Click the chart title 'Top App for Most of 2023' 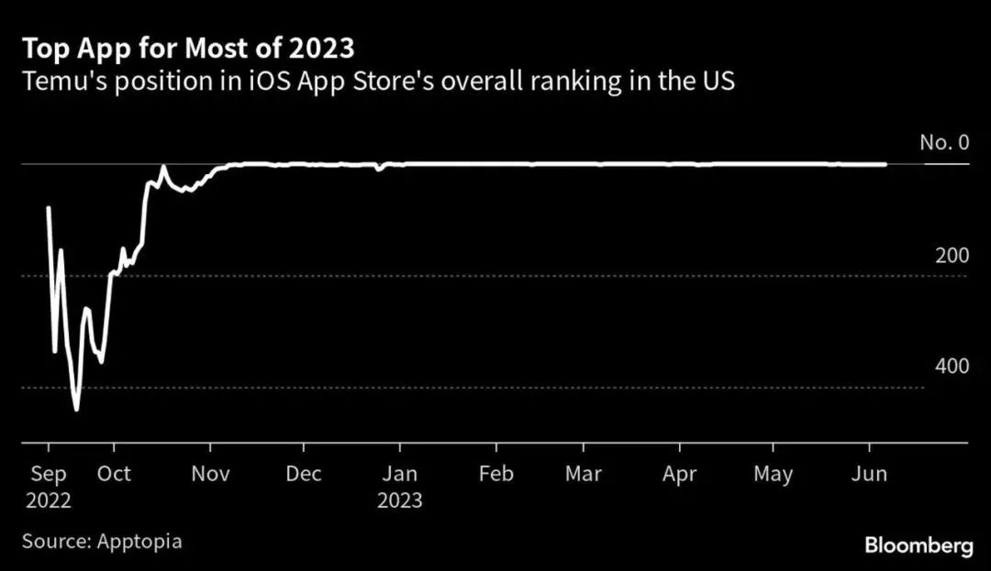point(188,48)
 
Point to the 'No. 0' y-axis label point(944,142)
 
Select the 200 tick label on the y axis point(952,256)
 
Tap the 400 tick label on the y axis point(952,366)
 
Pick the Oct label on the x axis point(114,474)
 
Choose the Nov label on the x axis point(210,474)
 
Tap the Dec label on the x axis point(303,474)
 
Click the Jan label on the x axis point(399,474)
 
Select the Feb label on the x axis point(495,474)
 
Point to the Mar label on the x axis point(583,474)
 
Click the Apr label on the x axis point(679,474)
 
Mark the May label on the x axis point(773,474)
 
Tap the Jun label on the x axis point(869,474)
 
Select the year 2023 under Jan point(399,500)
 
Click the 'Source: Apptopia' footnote point(102,541)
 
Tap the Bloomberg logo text point(919,545)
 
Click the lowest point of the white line point(76,410)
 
